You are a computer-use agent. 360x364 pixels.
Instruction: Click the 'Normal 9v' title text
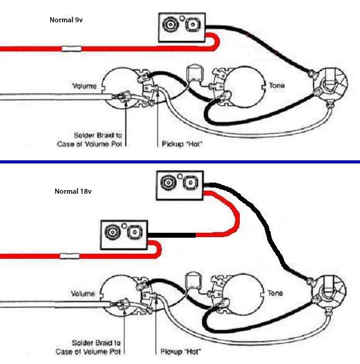click(66, 20)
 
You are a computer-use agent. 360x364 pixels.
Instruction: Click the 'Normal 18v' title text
click(73, 191)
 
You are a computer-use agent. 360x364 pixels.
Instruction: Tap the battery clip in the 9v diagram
click(182, 28)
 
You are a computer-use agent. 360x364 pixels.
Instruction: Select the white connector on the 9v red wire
click(71, 49)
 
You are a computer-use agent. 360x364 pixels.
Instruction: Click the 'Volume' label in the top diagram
click(84, 86)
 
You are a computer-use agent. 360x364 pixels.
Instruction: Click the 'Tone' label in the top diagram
click(276, 85)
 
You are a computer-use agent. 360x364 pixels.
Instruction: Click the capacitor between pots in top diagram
click(195, 72)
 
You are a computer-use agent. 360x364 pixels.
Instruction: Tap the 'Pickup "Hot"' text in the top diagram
click(182, 144)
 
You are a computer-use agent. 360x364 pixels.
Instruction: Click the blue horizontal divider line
click(180, 162)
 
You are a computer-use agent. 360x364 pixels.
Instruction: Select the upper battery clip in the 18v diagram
click(180, 185)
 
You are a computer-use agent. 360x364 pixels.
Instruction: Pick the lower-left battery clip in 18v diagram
click(124, 235)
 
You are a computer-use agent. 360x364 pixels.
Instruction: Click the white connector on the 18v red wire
click(70, 256)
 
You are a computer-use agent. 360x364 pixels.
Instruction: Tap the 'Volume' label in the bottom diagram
click(83, 293)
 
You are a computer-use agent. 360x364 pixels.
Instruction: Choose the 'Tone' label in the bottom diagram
click(275, 293)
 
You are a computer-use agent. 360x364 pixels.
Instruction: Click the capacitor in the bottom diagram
click(193, 280)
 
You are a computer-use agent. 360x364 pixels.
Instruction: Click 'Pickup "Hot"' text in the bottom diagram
click(180, 352)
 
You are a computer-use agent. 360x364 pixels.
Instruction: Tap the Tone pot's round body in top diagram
click(245, 87)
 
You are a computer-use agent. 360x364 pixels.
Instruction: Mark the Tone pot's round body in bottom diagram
click(244, 295)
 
